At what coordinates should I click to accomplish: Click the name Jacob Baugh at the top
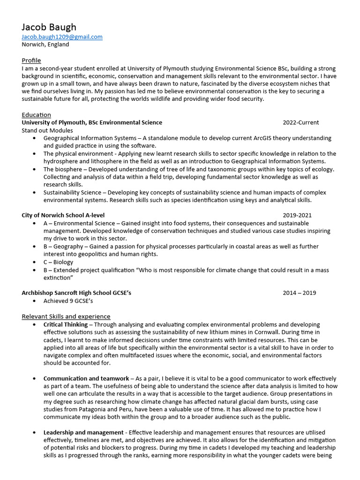click(49, 27)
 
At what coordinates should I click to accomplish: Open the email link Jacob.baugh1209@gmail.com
click(62, 37)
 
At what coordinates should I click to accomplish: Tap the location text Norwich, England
click(45, 45)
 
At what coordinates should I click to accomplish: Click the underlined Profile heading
click(31, 60)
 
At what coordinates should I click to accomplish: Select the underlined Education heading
click(36, 115)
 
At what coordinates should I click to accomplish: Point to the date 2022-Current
click(300, 122)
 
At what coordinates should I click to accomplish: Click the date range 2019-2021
click(297, 216)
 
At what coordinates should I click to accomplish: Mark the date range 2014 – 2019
click(299, 293)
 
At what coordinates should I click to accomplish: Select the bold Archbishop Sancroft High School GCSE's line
click(76, 293)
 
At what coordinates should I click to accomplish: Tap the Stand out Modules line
click(47, 130)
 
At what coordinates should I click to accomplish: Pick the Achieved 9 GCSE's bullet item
click(68, 301)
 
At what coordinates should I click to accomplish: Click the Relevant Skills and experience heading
click(66, 316)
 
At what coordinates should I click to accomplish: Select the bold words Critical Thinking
click(65, 324)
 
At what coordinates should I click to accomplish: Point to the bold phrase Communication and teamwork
click(86, 378)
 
